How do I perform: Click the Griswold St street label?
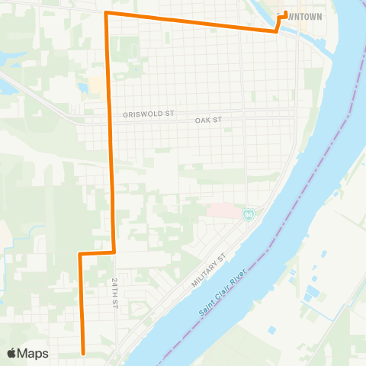click(x=149, y=114)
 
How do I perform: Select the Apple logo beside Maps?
click(x=12, y=353)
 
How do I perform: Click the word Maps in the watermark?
click(x=33, y=353)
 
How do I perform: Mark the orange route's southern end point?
click(x=82, y=353)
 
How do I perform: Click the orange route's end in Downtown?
click(x=285, y=12)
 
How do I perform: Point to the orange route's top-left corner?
click(x=106, y=14)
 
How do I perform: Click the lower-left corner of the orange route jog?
click(x=79, y=254)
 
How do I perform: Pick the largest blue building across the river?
click(x=308, y=294)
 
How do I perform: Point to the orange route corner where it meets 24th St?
click(x=114, y=251)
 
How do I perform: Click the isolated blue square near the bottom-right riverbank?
click(x=271, y=330)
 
